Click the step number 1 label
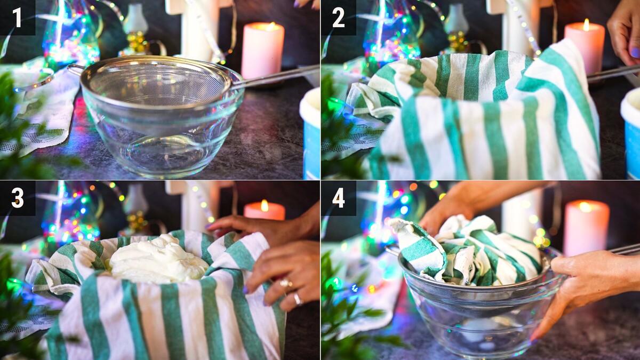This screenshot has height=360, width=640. (17, 18)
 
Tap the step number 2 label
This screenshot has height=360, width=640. (339, 18)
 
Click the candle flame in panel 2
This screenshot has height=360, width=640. (586, 25)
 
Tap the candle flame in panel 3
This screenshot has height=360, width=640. (265, 206)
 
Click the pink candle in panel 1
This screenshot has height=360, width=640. (262, 51)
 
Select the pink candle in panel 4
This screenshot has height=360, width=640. (586, 228)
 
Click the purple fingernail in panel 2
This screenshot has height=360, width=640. (635, 53)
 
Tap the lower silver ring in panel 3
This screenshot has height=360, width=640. (298, 299)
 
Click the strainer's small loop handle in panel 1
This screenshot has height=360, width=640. (75, 69)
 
